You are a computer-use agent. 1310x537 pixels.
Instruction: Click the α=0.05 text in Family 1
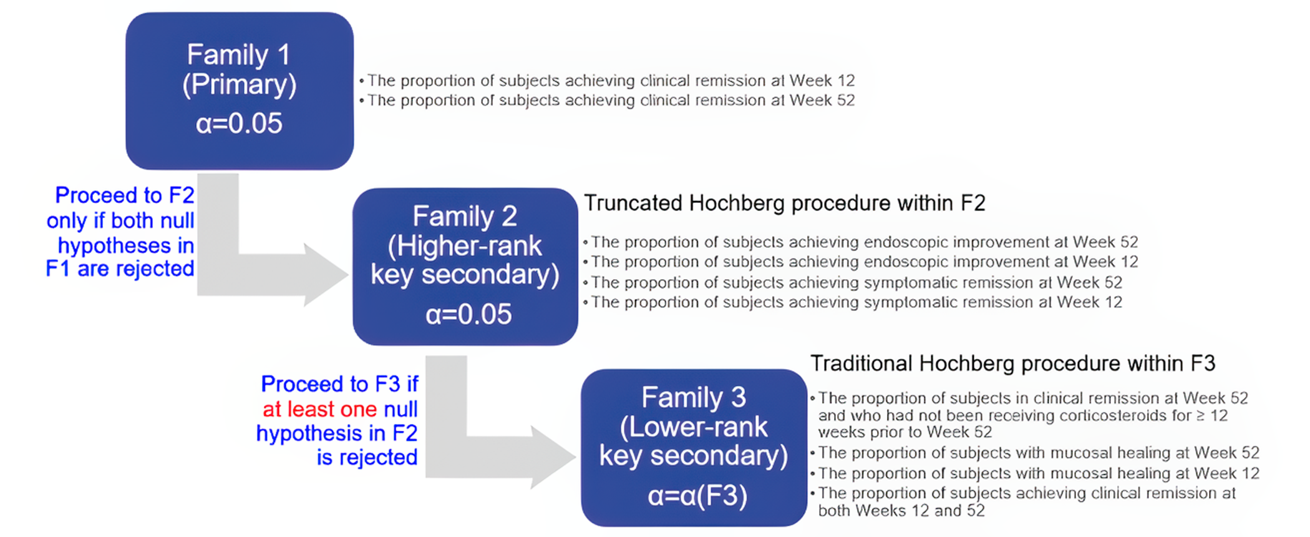click(239, 124)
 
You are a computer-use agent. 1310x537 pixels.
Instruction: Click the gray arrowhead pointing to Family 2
click(324, 275)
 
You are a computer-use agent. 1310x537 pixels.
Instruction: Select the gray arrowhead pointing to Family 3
click(552, 457)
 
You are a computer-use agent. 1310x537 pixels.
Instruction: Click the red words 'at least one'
click(319, 410)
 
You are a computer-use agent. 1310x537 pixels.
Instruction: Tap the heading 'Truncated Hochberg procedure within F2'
click(784, 204)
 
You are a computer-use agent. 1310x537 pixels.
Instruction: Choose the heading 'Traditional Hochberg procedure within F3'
click(1012, 363)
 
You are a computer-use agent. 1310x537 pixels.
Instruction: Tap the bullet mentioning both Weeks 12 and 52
click(1026, 501)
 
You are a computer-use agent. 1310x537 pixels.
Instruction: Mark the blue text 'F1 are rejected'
click(120, 269)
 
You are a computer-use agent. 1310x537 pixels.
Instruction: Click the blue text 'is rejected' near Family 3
click(367, 458)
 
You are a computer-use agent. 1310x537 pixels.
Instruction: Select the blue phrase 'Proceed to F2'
click(125, 195)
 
